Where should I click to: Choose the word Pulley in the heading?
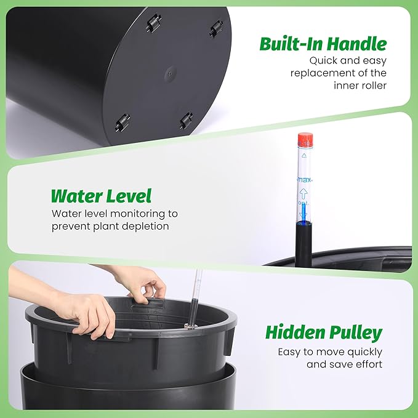[355, 334]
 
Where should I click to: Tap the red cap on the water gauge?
[305, 139]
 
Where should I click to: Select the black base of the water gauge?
[303, 243]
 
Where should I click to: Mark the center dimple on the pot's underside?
[171, 73]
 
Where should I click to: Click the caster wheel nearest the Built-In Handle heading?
[216, 27]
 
